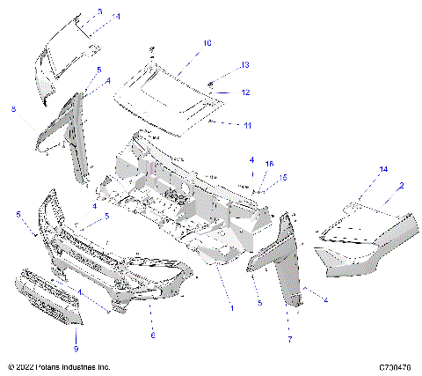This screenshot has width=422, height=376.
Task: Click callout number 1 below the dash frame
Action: (232, 308)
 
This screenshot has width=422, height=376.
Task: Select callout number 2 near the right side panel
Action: (401, 186)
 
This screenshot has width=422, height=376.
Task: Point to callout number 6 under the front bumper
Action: (152, 335)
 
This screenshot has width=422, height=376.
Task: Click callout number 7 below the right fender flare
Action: (289, 338)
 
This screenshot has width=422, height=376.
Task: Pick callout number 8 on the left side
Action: (13, 109)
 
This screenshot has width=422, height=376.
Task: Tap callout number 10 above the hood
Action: (207, 42)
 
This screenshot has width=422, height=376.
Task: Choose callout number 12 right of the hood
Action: (246, 92)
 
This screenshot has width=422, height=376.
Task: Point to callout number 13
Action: (246, 64)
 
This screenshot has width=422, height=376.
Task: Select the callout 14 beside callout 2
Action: (359, 169)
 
